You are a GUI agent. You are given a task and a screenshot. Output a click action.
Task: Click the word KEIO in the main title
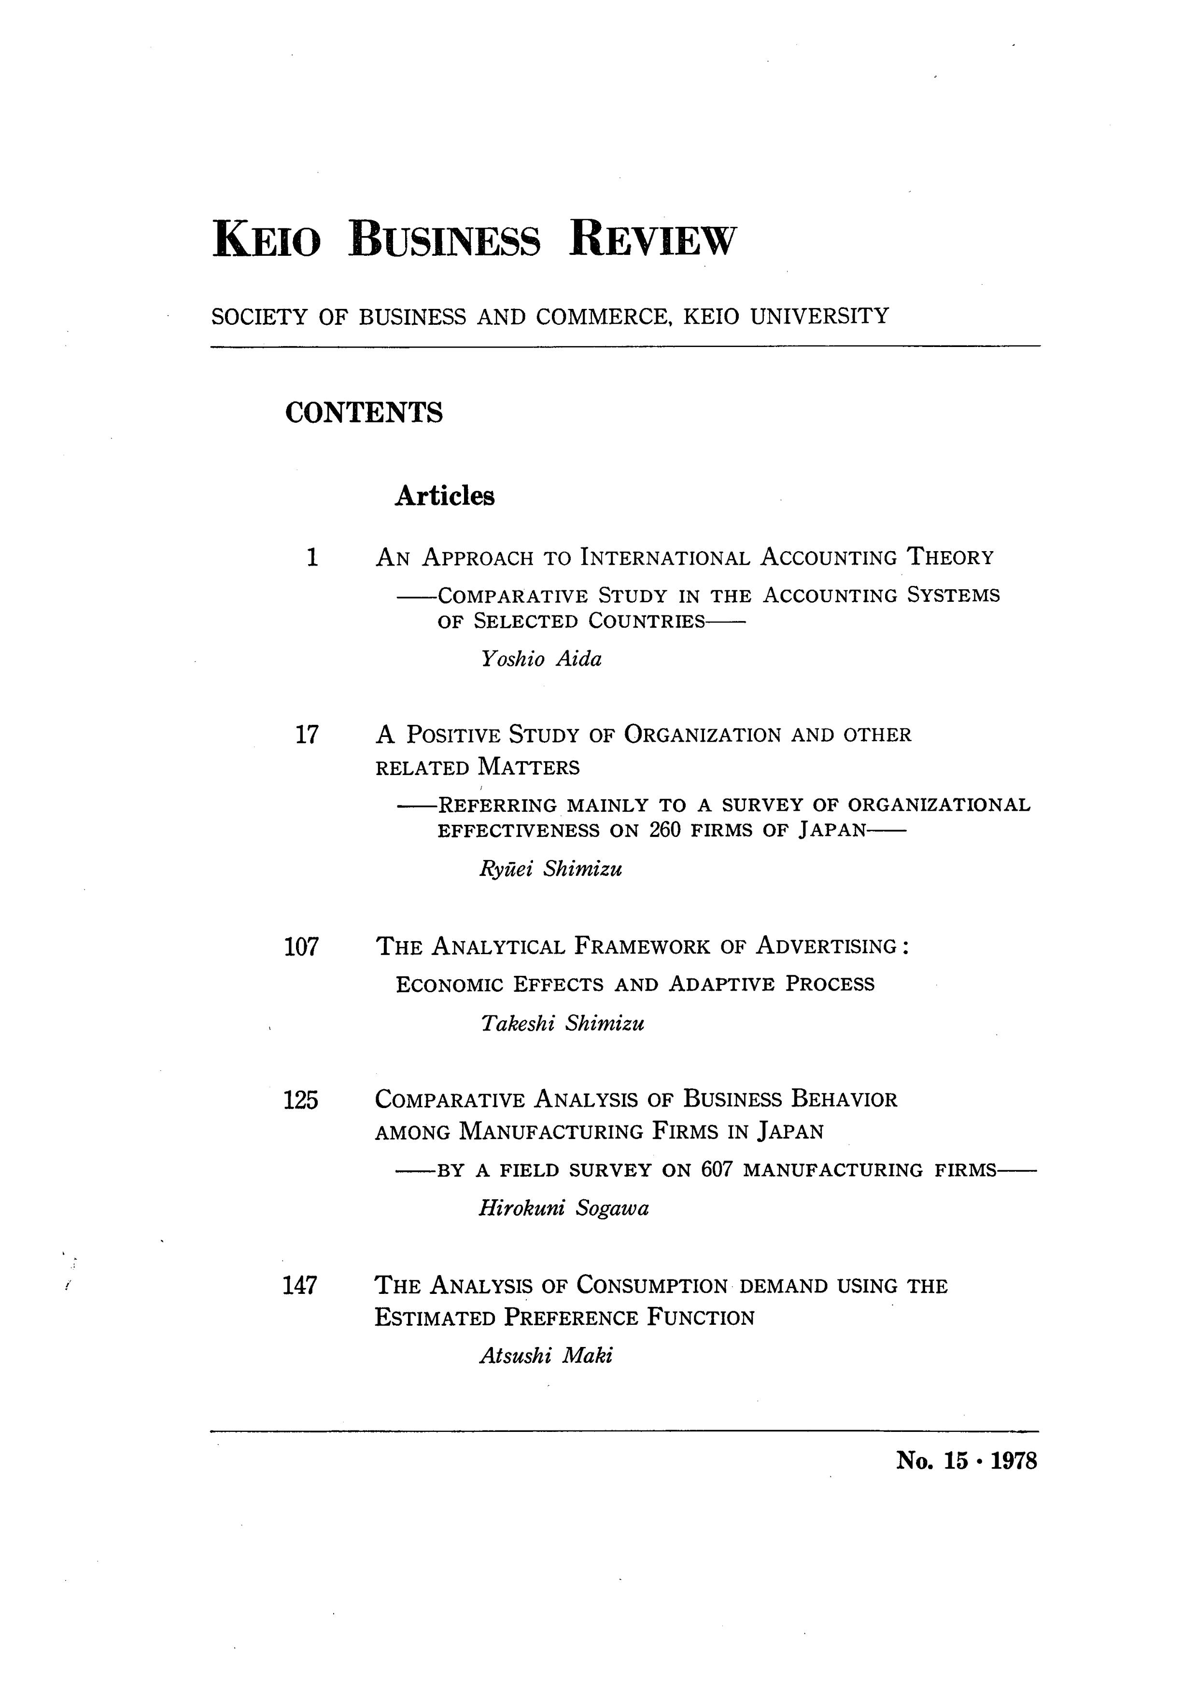(x=267, y=240)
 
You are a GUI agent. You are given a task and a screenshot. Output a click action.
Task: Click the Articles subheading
(x=445, y=496)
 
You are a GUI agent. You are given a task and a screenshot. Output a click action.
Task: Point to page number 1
(x=312, y=557)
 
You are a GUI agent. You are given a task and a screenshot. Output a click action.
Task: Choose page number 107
(x=301, y=946)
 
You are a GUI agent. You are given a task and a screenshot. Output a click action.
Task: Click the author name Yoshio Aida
(x=541, y=658)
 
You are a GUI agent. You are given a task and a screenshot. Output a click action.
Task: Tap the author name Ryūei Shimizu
(x=550, y=869)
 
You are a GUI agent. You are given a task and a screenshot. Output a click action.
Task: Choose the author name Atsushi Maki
(x=546, y=1355)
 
